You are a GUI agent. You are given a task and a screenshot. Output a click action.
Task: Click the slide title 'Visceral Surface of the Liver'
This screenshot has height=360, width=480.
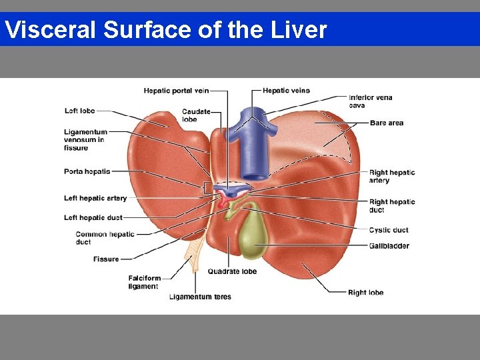pos(165,30)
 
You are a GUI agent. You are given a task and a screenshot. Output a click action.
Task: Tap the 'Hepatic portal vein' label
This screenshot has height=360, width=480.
pos(177,91)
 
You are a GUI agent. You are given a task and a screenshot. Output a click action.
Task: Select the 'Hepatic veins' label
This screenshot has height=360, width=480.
pos(286,91)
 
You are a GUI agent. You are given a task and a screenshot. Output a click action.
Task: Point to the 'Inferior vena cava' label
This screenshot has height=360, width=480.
pos(370,101)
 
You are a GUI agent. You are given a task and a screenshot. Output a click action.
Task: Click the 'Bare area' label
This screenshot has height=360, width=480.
pos(387,123)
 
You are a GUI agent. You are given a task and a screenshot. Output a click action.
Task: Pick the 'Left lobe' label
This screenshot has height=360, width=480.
pos(79,111)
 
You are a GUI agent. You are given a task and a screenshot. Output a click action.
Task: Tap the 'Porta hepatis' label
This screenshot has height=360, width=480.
pos(87,171)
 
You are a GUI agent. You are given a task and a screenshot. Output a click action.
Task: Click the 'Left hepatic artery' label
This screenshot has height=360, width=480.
pos(95,198)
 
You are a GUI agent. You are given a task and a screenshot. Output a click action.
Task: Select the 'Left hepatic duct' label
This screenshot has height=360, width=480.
pos(93,217)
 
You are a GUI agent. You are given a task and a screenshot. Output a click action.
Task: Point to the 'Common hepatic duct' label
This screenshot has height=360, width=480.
pos(105,238)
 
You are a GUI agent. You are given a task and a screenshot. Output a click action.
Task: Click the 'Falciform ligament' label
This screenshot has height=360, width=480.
pos(143,282)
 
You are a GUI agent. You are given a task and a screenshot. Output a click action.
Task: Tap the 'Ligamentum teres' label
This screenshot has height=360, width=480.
pos(200,297)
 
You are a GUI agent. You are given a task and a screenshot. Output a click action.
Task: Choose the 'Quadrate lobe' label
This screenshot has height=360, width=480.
pos(232,271)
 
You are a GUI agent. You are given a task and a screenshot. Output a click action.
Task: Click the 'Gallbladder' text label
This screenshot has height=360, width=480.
pos(389,246)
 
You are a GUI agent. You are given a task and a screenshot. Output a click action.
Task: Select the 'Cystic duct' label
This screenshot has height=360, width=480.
pos(389,230)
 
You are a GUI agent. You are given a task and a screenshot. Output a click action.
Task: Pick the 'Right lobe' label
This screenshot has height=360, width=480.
pos(365,292)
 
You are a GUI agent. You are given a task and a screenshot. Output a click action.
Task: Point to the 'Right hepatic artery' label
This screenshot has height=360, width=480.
pos(392,177)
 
